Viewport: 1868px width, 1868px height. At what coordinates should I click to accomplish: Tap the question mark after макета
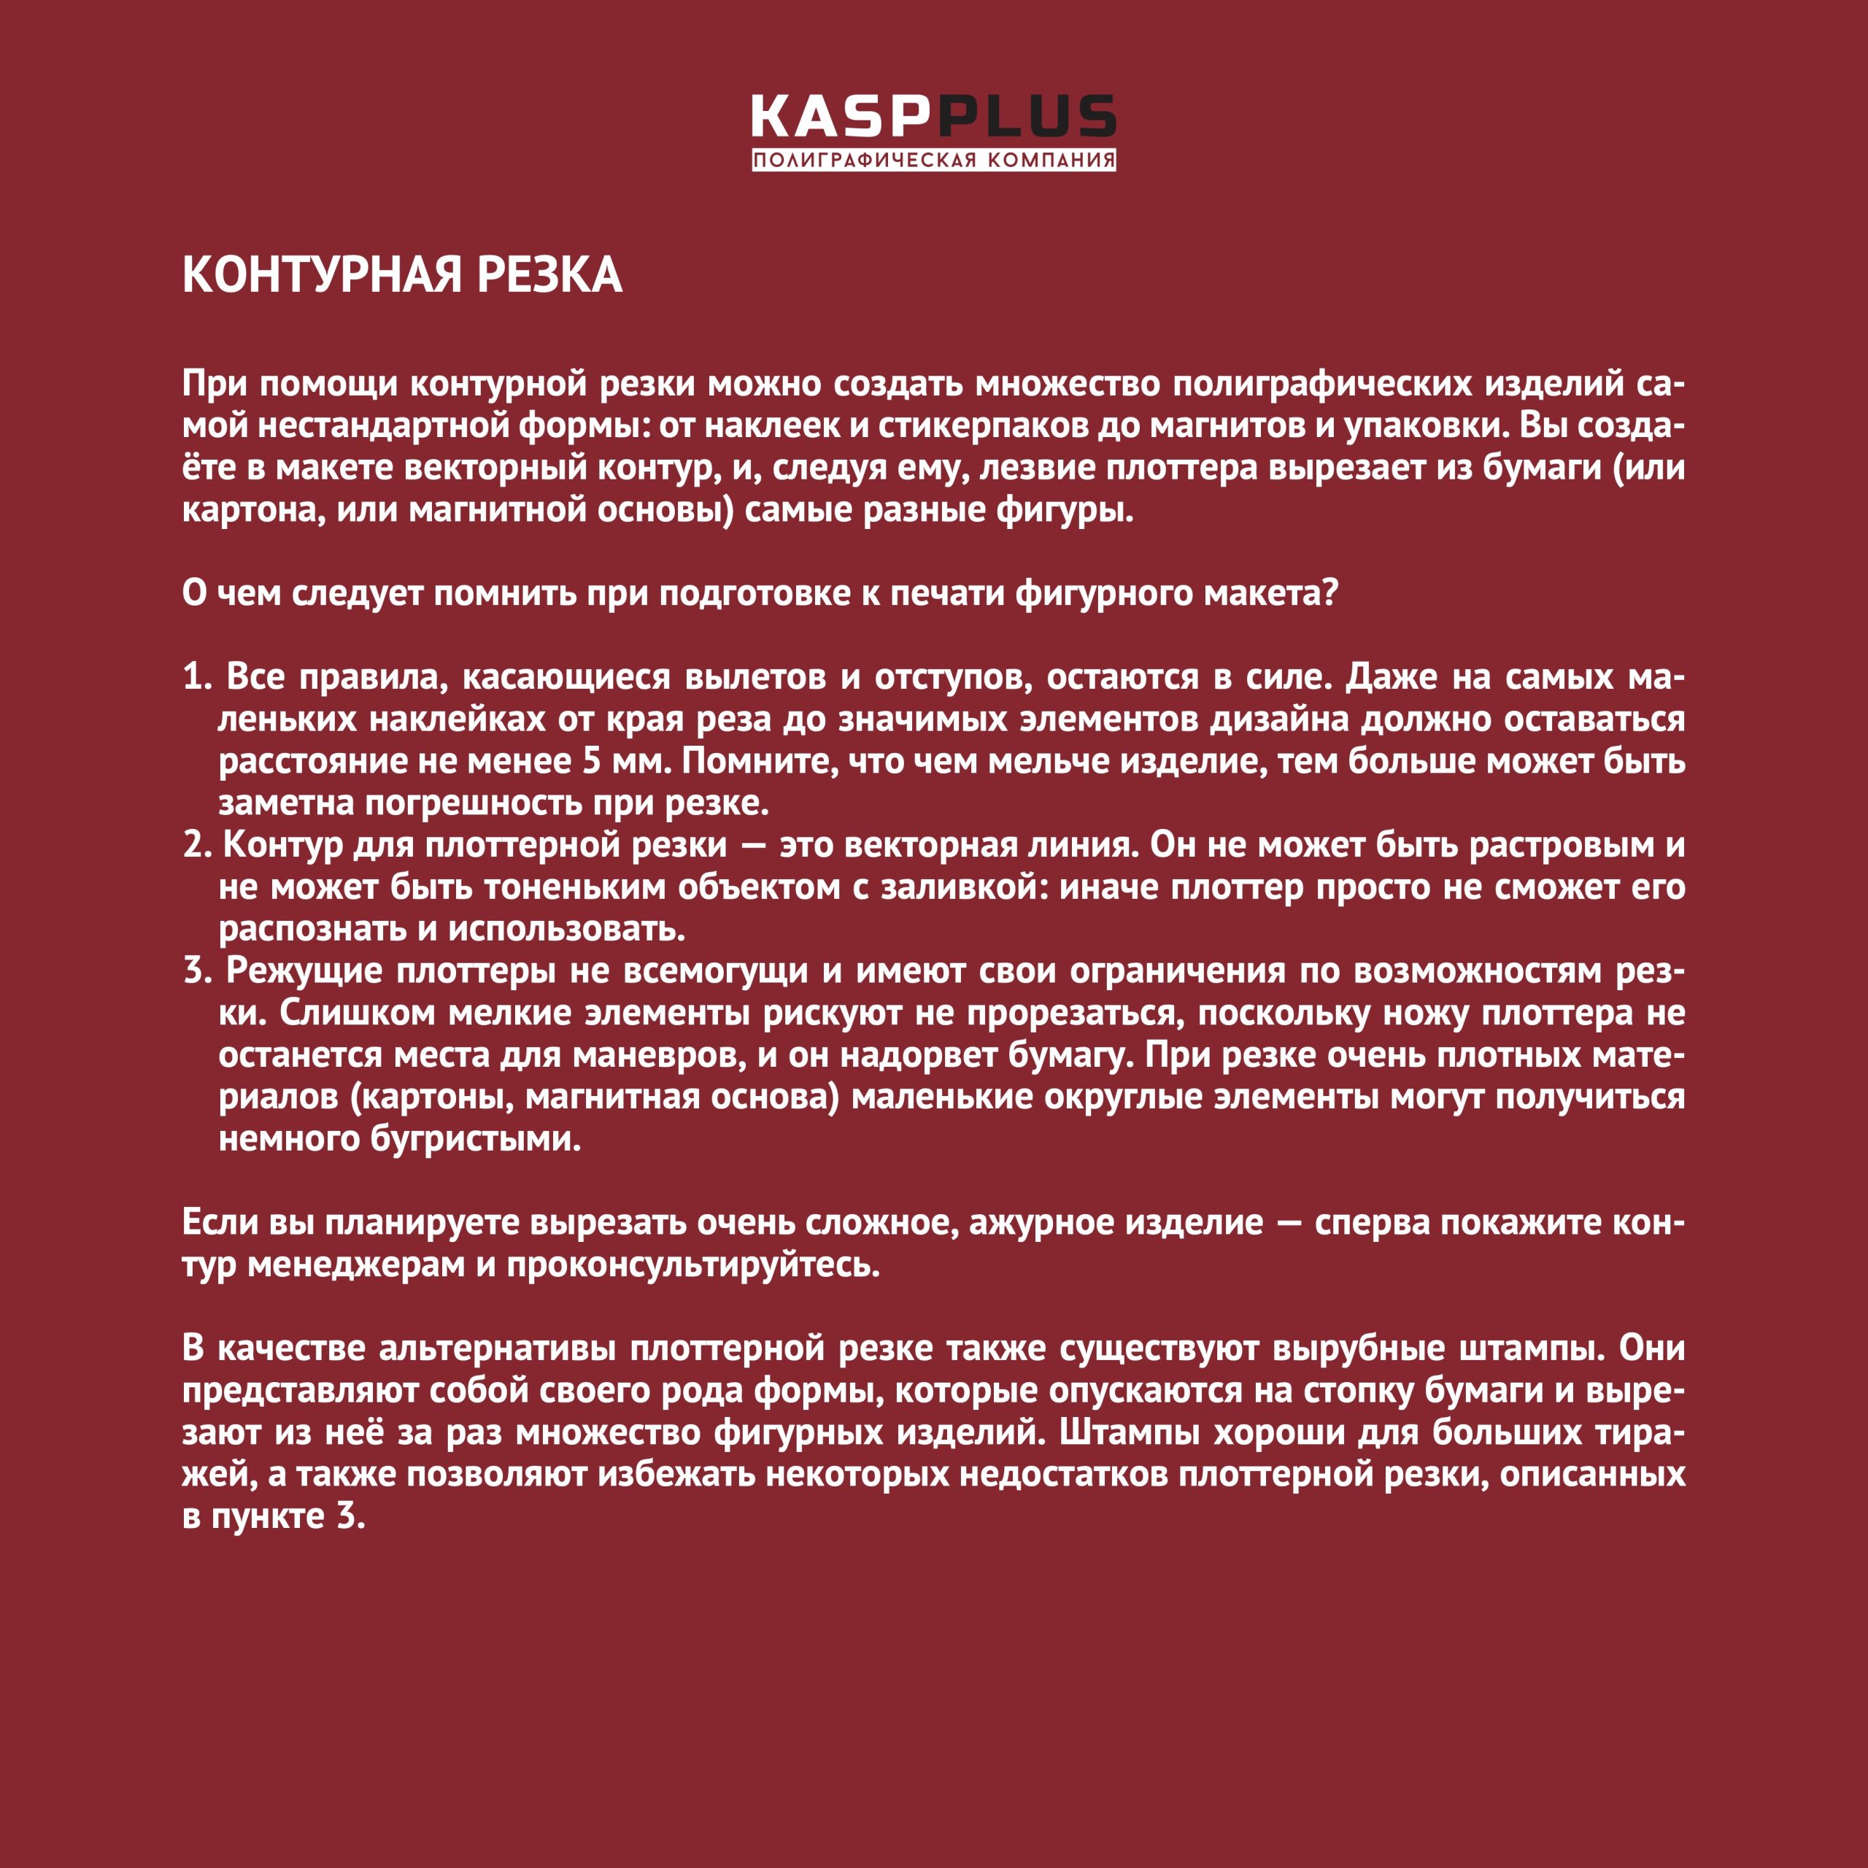(1329, 593)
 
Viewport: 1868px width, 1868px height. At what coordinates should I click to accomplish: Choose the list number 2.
(196, 845)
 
